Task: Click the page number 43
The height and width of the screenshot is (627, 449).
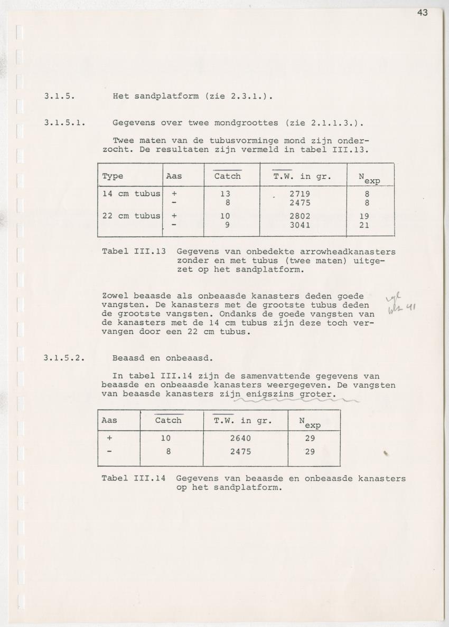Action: tap(422, 13)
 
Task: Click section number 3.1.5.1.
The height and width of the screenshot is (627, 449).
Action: tap(66, 123)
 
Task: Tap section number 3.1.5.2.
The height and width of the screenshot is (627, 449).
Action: tap(66, 358)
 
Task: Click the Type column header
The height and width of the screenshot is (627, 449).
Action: tap(113, 176)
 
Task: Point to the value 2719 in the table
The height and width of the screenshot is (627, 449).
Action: tap(300, 194)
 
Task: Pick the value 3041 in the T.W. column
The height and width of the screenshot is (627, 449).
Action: tap(300, 225)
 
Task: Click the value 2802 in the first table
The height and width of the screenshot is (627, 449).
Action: tap(300, 216)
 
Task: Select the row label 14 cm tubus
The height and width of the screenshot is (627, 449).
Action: tap(131, 194)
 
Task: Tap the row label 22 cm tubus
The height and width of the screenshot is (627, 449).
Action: tap(131, 216)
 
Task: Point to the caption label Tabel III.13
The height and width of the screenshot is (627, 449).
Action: tap(134, 251)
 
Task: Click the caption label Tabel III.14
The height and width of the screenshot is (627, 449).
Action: tap(134, 478)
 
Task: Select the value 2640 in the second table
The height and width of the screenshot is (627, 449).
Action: tap(240, 438)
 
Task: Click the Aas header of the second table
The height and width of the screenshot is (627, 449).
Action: tap(109, 420)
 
